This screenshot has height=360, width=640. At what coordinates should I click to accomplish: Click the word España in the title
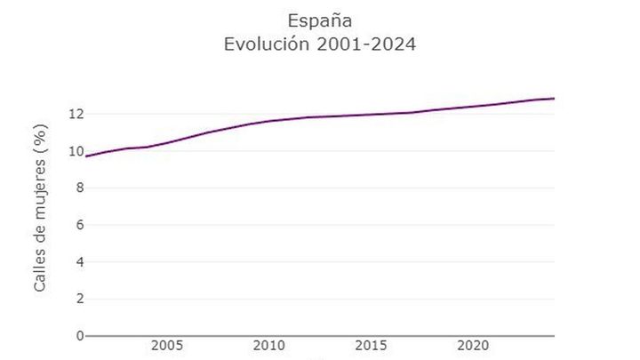320,20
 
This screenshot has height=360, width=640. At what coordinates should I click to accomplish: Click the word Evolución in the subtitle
267,44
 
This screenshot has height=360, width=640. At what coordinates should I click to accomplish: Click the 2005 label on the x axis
167,345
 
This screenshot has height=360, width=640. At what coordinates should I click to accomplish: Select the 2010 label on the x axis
268,345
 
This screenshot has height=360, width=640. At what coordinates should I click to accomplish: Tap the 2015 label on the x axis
371,345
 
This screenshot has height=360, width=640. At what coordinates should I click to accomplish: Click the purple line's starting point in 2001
86,156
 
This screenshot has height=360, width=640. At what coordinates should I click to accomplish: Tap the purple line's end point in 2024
554,98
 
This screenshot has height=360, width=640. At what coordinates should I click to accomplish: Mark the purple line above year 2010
268,121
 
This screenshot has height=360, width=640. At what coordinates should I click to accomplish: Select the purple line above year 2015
371,115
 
